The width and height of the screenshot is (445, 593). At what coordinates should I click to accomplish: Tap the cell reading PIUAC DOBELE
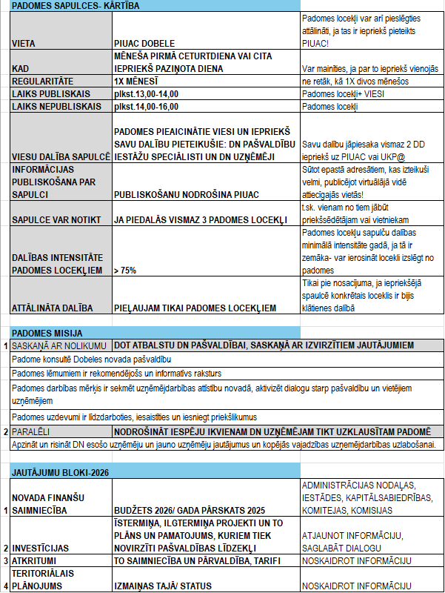[144, 43]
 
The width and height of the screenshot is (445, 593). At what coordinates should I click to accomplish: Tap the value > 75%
[125, 271]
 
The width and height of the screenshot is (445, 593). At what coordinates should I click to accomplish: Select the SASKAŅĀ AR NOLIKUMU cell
[60, 345]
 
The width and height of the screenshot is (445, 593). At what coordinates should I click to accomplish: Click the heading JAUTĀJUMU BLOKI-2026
[59, 471]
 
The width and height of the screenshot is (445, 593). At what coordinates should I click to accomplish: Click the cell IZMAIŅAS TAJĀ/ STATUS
[164, 586]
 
